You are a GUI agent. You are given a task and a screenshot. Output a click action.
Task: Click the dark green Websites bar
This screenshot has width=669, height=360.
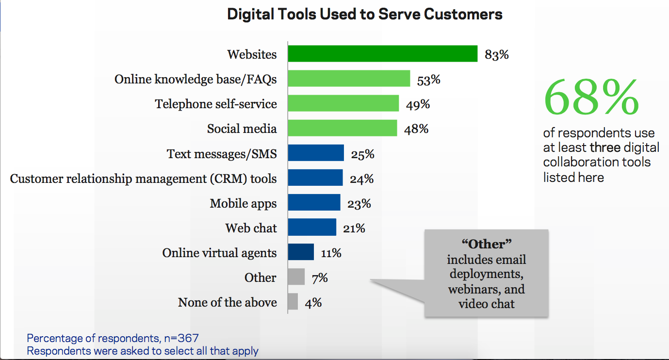[382, 54]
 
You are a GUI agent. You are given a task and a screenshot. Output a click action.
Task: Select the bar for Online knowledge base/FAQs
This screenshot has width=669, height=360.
[349, 79]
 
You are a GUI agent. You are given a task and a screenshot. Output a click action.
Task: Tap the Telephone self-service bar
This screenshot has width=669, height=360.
[343, 103]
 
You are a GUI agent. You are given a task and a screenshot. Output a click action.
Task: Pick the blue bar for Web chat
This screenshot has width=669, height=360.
[311, 227]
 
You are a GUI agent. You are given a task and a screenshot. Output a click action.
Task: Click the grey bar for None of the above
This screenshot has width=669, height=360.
[293, 302]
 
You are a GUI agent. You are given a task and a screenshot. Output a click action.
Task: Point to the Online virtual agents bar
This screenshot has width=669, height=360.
[301, 252]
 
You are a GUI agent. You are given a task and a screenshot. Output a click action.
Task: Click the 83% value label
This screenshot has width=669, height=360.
[496, 55]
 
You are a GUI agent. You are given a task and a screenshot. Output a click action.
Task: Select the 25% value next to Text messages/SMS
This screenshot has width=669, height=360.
[362, 154]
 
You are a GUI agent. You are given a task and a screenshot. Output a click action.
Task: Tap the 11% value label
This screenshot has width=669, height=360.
[331, 253]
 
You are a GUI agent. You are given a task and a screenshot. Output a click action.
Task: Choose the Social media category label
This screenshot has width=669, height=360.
[242, 129]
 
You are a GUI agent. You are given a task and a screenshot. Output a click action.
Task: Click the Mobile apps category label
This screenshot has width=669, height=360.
[243, 203]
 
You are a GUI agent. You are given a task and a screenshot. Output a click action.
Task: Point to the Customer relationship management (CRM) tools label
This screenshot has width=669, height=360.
[143, 179]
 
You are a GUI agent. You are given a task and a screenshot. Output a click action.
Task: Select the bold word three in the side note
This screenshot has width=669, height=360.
[605, 147]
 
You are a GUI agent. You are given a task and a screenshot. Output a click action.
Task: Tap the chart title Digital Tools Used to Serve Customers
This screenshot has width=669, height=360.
[365, 15]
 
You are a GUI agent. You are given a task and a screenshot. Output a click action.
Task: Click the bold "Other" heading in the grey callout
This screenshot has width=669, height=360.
[487, 244]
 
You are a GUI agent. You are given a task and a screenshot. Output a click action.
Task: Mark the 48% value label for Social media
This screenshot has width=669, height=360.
[416, 129]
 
